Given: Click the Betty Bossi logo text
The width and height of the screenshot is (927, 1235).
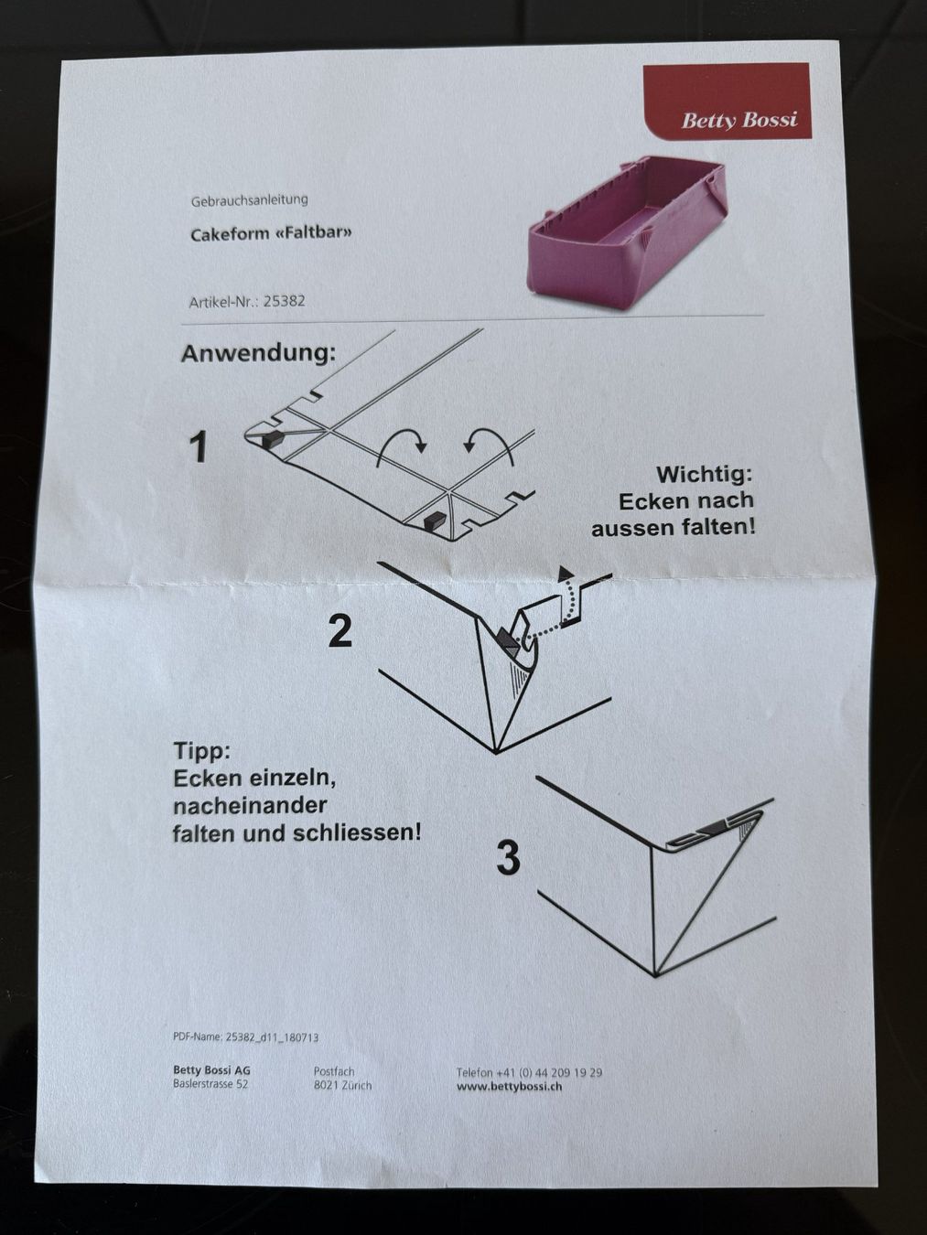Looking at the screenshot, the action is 739,120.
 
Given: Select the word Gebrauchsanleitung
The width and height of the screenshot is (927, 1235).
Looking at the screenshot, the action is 249,199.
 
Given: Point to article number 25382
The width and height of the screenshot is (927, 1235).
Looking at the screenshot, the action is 285,301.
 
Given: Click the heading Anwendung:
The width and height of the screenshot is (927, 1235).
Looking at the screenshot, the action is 258,354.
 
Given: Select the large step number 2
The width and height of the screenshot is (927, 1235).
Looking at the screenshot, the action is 340,630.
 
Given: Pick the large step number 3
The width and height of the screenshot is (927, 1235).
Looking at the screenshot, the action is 508,859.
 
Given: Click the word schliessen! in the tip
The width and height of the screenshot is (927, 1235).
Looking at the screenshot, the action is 357,833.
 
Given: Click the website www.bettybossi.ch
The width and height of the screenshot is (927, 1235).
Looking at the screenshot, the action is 510,1087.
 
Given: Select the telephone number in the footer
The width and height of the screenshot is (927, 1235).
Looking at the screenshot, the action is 529,1072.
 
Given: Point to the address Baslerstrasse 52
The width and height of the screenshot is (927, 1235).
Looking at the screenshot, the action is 210,1084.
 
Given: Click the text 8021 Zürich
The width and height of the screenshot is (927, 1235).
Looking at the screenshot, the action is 342,1086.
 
